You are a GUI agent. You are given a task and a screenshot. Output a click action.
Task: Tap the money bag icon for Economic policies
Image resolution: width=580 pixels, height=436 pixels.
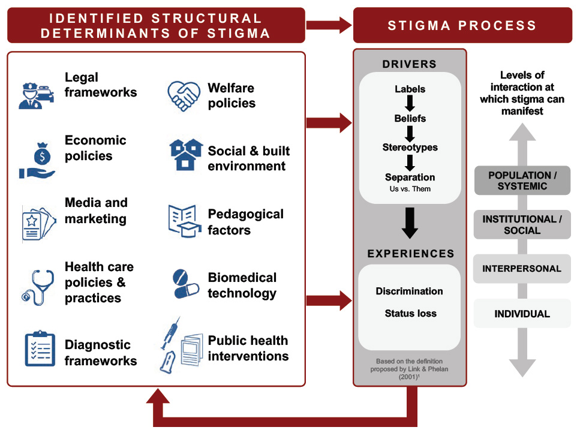[37, 160]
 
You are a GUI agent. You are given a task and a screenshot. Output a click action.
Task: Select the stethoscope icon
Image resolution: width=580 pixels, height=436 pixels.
[37, 286]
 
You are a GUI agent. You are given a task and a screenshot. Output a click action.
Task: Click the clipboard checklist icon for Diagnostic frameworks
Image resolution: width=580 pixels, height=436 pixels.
[40, 349]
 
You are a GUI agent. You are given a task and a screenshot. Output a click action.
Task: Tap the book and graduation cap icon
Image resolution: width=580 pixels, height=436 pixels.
[184, 221]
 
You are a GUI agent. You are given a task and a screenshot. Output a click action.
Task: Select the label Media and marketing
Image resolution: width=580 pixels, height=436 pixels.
[96, 211]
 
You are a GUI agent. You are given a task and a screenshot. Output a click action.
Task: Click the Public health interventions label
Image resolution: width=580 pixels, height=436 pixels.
[248, 348]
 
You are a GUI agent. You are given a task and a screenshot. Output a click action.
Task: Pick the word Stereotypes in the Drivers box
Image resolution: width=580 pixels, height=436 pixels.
[410, 148]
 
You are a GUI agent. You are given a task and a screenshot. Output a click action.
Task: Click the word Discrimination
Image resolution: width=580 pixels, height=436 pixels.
[410, 291]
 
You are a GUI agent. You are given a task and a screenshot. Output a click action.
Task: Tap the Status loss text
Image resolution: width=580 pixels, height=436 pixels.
[410, 313]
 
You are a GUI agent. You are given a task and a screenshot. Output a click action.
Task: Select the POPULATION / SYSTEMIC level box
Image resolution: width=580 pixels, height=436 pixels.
[522, 181]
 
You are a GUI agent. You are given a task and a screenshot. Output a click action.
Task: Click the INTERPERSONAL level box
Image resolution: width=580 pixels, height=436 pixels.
[522, 269]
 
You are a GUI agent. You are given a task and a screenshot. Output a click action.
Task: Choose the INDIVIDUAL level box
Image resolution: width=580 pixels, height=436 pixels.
[522, 314]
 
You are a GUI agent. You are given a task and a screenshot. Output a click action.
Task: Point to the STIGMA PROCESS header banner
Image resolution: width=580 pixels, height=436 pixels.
[462, 25]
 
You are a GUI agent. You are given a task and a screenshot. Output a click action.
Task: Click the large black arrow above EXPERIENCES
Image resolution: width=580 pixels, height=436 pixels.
[410, 222]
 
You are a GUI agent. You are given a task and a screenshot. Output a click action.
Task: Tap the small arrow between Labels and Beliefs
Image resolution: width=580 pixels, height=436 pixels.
[410, 104]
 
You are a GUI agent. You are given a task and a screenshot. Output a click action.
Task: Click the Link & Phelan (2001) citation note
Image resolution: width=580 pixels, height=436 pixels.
[410, 368]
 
